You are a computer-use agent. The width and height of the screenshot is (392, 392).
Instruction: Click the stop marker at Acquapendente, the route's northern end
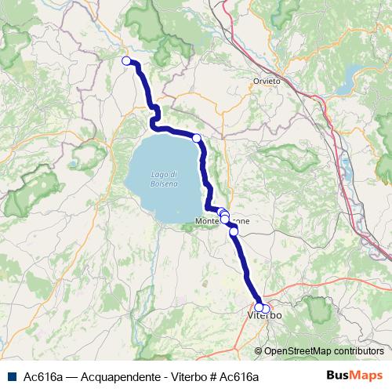(126, 60)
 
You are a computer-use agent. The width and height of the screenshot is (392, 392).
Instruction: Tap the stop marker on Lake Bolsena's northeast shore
(197, 138)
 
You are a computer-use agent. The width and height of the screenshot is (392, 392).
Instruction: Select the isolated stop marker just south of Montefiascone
(233, 231)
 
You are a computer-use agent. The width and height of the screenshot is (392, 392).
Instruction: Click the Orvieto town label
(267, 82)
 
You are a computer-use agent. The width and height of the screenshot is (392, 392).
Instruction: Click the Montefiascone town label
(223, 223)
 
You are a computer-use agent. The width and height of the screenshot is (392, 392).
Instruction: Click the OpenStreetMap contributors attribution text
(323, 351)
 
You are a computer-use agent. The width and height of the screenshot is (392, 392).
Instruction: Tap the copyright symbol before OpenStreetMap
(258, 351)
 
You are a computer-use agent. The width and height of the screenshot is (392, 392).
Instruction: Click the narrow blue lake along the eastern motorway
(347, 167)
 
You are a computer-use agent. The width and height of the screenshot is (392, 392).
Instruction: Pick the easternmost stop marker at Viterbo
(266, 308)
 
